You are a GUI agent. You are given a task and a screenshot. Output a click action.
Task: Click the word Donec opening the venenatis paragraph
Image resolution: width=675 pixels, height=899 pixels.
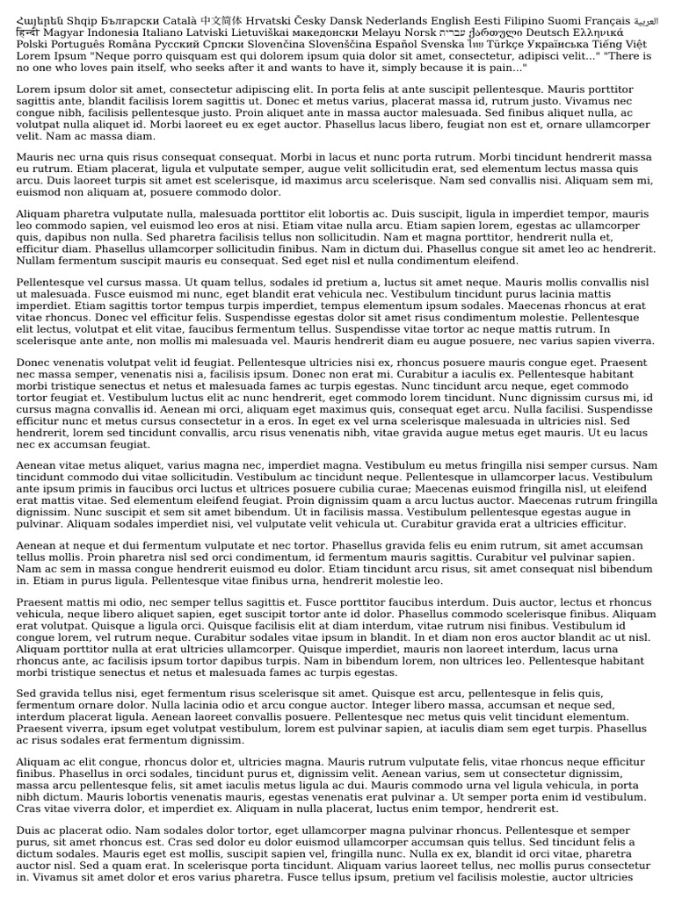pyautogui.click(x=33, y=361)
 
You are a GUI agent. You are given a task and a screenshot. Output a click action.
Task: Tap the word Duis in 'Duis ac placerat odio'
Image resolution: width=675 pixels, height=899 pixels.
pyautogui.click(x=30, y=830)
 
